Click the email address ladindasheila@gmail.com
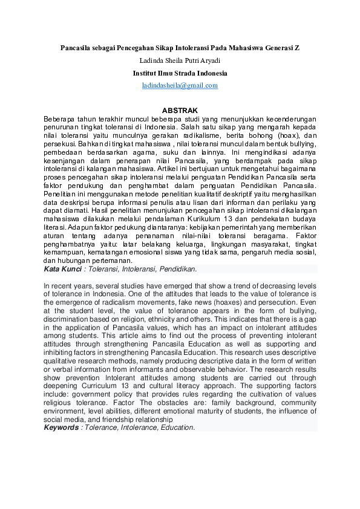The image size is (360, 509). click(180, 86)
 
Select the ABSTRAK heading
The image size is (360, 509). click(180, 111)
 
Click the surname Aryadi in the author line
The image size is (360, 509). click(209, 60)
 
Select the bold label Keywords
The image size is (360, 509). click(61, 427)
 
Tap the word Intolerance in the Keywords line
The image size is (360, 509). click(137, 427)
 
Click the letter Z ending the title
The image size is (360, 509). click(296, 47)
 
